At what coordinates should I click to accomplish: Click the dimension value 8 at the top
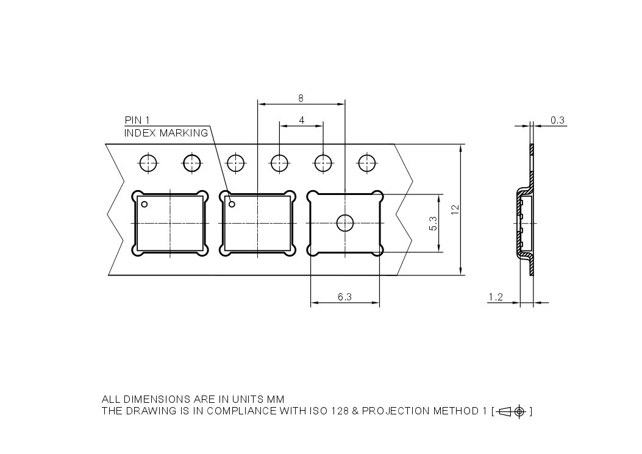(301, 98)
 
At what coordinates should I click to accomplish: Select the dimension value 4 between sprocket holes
(301, 119)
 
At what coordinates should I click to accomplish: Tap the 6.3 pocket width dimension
(344, 297)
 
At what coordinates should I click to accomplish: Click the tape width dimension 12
(455, 209)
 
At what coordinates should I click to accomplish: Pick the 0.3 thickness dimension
(557, 120)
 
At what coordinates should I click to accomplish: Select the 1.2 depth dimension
(496, 297)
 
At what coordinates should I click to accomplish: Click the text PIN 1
(137, 120)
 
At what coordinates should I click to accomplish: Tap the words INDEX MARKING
(166, 133)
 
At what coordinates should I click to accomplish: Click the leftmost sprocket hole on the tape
(148, 163)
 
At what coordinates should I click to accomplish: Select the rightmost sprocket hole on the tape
(366, 163)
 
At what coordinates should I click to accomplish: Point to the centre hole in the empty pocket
(345, 224)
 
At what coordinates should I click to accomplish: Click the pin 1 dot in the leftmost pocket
(144, 204)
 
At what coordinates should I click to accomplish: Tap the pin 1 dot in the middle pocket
(232, 204)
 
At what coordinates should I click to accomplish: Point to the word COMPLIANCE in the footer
(241, 411)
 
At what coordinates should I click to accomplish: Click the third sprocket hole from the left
(235, 163)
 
